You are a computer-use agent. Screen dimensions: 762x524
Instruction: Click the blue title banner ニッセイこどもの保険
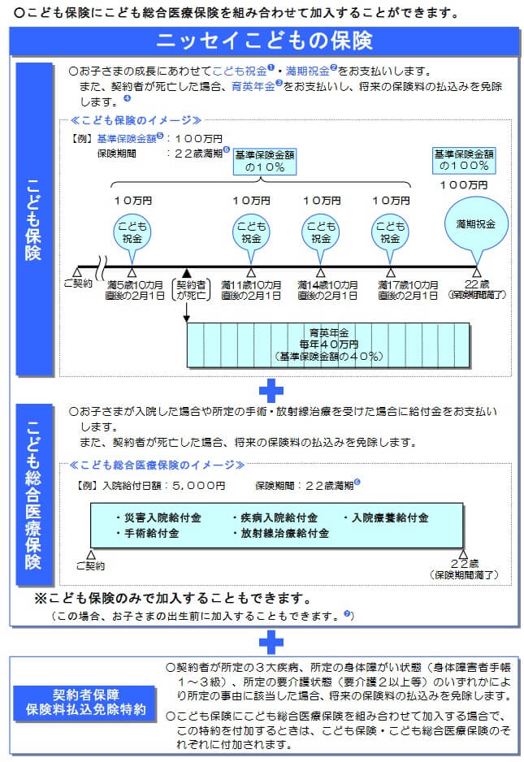coord(264,40)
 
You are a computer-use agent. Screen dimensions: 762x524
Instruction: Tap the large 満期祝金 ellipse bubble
coord(475,223)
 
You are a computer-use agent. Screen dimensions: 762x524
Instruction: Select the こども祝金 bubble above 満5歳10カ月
coord(132,233)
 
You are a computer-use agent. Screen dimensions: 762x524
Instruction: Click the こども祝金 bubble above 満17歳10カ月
coord(390,233)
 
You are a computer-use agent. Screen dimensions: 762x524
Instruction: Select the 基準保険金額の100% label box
coord(464,159)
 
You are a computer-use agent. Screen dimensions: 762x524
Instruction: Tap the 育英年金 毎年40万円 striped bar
coord(327,344)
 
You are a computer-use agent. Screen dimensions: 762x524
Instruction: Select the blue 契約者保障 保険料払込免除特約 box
coord(88,703)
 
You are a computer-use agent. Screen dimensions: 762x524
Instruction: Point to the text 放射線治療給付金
coord(284,534)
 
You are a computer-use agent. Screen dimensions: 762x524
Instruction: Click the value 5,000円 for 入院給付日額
coord(198,485)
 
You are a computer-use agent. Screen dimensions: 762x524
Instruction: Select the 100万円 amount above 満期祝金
coord(463,185)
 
